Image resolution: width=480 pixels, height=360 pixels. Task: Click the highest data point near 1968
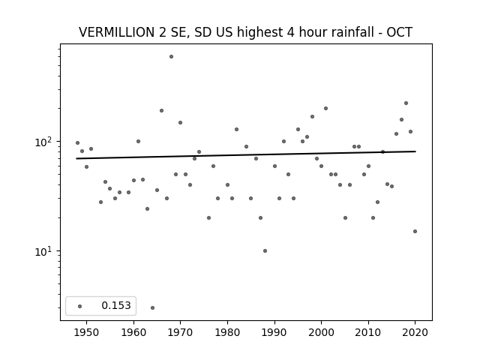coord(172,57)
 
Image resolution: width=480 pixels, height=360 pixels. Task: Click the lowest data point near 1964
coord(152,307)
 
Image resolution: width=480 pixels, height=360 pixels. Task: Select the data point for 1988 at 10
coord(265,250)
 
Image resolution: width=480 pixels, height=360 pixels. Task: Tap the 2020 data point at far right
coord(415,231)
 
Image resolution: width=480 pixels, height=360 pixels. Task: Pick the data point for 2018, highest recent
coord(406,103)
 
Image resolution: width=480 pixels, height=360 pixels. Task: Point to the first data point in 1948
coord(77,143)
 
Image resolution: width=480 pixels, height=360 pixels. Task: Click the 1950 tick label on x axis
coord(87,332)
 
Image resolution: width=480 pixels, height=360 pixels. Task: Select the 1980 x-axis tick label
coord(227,332)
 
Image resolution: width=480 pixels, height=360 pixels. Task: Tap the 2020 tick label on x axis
coord(415,332)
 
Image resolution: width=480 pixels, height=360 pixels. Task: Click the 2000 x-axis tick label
coord(322,332)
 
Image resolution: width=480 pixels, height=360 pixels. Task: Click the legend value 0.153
coord(116,305)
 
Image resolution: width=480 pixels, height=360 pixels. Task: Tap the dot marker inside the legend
coord(80,306)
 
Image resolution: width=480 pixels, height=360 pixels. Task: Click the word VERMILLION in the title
coord(117,32)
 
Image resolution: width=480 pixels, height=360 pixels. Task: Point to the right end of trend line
coord(415,151)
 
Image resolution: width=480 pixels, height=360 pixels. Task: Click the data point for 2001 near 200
coord(325,108)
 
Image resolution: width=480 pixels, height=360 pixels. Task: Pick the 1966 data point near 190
coord(162,110)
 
